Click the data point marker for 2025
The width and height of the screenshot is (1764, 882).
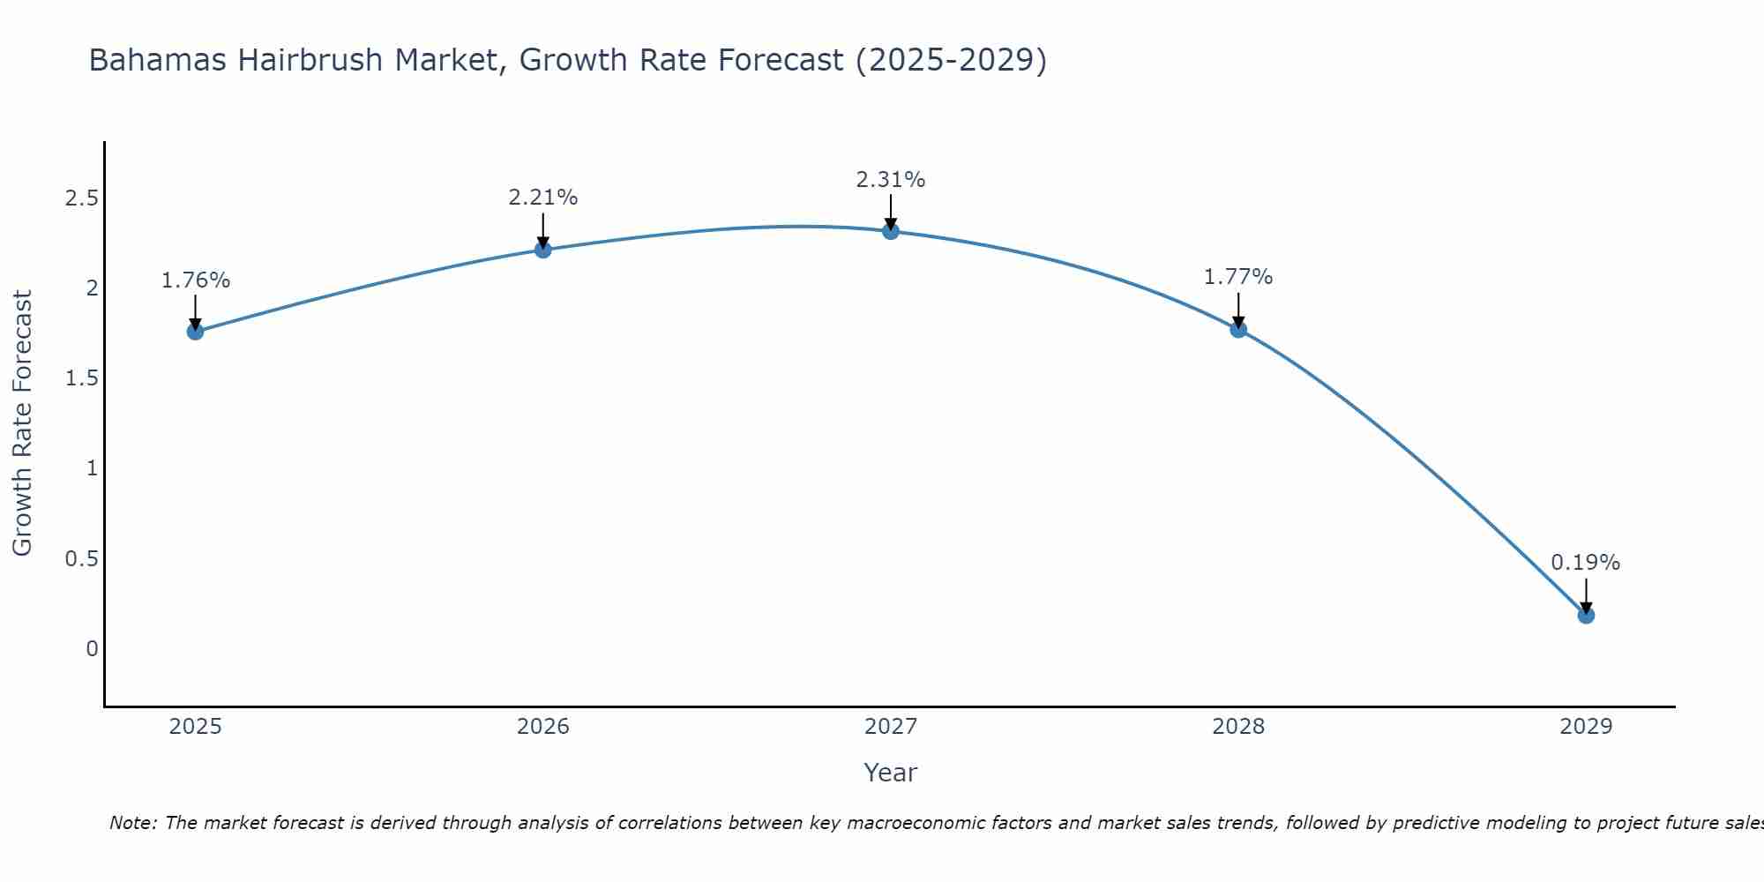tap(195, 332)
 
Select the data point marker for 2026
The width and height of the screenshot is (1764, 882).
tap(542, 250)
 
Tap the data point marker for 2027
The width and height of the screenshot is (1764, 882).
tap(890, 231)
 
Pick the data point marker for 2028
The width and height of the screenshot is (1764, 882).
tap(1238, 329)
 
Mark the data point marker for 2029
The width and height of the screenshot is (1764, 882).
tap(1586, 615)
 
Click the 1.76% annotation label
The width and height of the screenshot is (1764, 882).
tap(195, 280)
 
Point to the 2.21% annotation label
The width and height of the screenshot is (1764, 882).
tap(542, 198)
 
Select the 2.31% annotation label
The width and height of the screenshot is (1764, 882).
tap(890, 180)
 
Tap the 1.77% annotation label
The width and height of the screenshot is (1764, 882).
tap(1238, 277)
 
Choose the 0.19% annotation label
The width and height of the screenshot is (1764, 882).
tap(1585, 563)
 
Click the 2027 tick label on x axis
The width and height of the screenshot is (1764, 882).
tap(890, 727)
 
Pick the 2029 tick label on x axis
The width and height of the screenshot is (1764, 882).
tap(1585, 727)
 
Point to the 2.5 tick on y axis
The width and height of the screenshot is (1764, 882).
tap(81, 198)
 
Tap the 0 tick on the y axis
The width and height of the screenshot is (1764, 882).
tap(92, 649)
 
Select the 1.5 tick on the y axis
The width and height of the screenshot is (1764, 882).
tap(81, 378)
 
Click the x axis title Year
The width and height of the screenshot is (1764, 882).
tap(890, 773)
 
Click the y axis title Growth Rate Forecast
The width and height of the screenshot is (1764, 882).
tap(22, 423)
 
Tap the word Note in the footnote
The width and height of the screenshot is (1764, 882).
tap(132, 823)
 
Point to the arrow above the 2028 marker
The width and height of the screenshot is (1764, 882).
tap(1238, 310)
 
